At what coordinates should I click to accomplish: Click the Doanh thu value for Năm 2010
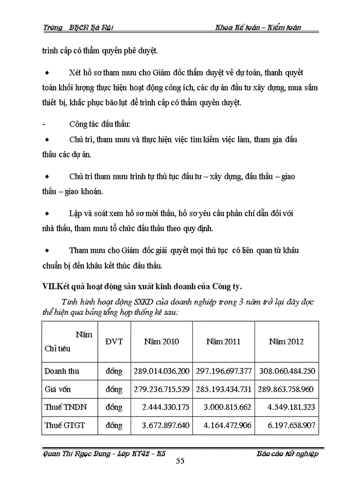click(161, 370)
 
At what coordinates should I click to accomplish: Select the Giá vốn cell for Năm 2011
click(224, 389)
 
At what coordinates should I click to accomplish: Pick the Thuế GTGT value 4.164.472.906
click(224, 426)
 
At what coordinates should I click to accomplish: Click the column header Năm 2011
click(223, 341)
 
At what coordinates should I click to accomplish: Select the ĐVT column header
click(114, 341)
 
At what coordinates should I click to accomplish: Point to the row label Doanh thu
click(62, 370)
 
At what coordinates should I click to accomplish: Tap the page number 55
click(180, 461)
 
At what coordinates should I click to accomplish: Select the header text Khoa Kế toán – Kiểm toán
click(258, 27)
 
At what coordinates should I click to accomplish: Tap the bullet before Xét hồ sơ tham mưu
click(47, 73)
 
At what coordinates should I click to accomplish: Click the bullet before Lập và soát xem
click(47, 213)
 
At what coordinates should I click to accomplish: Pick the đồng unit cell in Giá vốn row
click(114, 389)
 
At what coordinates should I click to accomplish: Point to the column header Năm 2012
click(286, 341)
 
